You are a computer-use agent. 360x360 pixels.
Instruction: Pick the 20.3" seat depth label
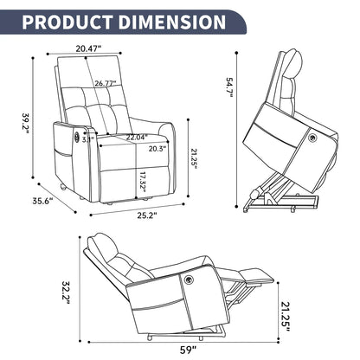[x=157, y=147]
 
